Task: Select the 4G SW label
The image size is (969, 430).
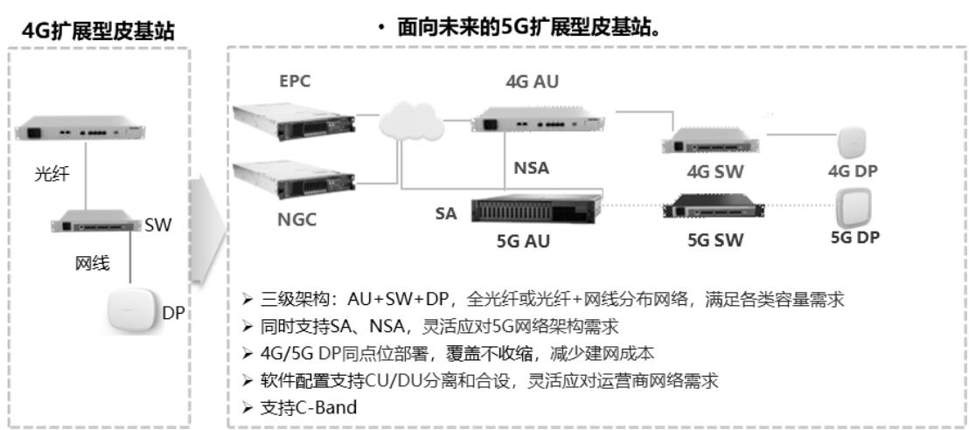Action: (x=709, y=171)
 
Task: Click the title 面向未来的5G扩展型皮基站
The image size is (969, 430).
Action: (x=521, y=30)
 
